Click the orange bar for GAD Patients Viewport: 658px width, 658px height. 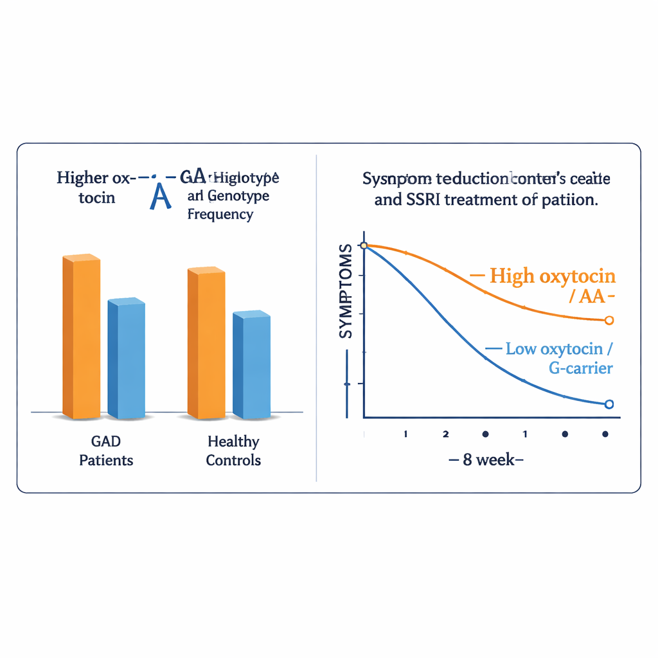tap(81, 337)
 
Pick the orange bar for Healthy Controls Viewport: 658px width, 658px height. tap(206, 343)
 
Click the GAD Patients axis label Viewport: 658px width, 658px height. tap(106, 450)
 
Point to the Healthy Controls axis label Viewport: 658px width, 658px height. tap(233, 450)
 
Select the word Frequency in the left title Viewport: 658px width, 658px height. tap(220, 214)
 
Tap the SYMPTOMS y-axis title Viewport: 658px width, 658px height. tap(346, 292)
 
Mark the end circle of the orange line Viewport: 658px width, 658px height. tap(609, 319)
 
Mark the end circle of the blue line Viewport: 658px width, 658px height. tap(609, 404)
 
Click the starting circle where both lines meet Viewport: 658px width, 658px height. tap(364, 245)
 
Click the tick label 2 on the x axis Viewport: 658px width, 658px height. tap(445, 434)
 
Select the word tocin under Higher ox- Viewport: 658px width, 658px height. tap(97, 197)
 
